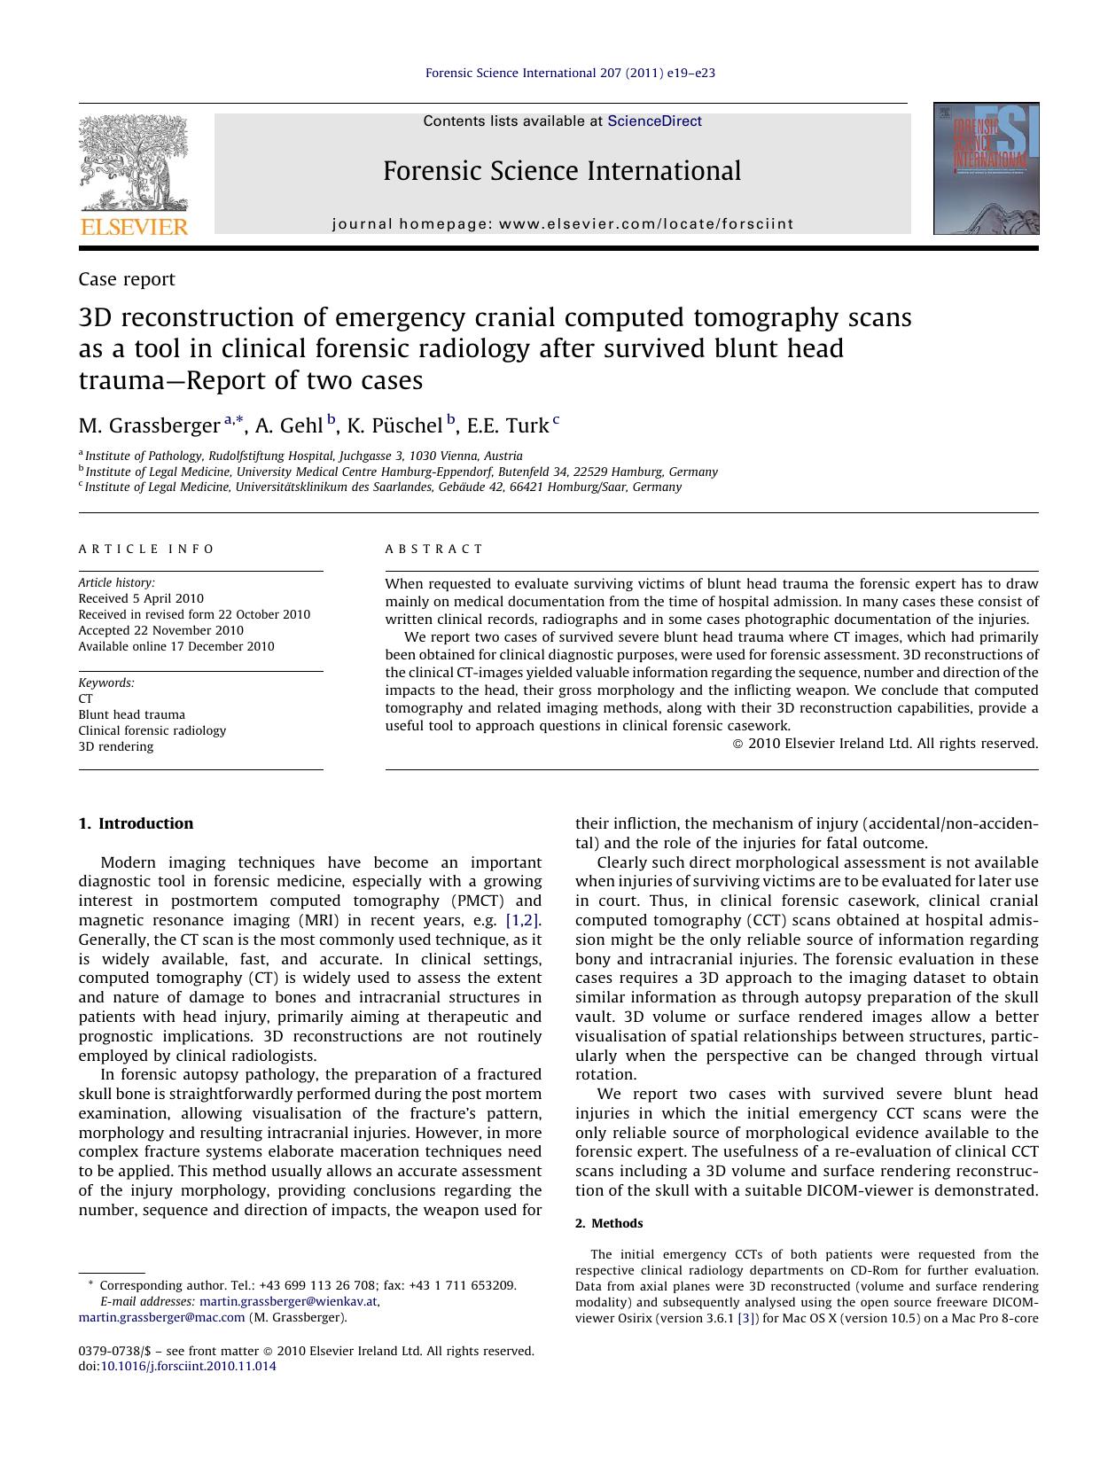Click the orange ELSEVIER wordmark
pyautogui.click(x=134, y=227)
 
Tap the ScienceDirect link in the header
pyautogui.click(x=654, y=121)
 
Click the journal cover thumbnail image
pyautogui.click(x=986, y=168)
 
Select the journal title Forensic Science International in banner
pyautogui.click(x=562, y=171)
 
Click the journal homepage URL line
pyautogui.click(x=563, y=224)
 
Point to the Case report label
pyautogui.click(x=127, y=279)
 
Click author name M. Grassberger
pyautogui.click(x=149, y=426)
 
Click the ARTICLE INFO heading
pyautogui.click(x=146, y=550)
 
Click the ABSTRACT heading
pyautogui.click(x=434, y=550)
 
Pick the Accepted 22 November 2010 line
pyautogui.click(x=160, y=630)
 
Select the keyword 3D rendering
pyautogui.click(x=116, y=746)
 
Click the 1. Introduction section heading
pyautogui.click(x=136, y=823)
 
